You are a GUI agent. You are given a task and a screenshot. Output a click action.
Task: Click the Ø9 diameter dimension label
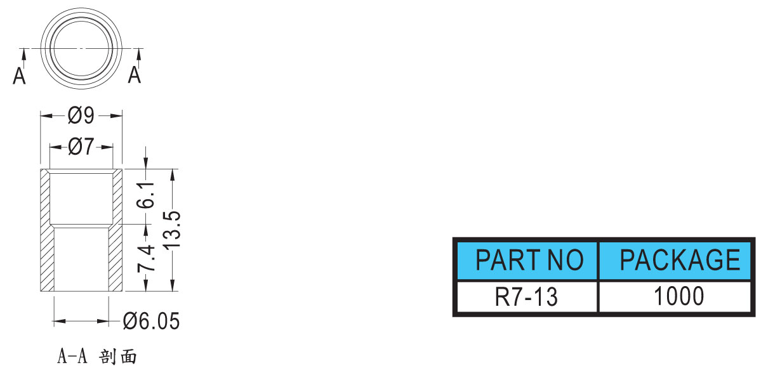pos(81,115)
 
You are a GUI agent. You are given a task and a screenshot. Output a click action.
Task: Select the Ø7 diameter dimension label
pos(81,147)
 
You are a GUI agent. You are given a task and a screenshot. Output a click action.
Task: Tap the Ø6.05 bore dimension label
pos(152,321)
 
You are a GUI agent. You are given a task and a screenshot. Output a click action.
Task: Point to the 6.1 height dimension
pos(147,195)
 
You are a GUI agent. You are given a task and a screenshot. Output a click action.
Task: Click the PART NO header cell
pos(527,259)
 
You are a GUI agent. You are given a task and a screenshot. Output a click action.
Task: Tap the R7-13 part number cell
pos(527,296)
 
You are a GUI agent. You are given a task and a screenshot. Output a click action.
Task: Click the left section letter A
pos(20,75)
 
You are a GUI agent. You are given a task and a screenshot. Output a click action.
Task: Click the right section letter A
pos(135,75)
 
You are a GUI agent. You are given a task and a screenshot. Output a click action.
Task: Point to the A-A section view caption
pos(97,357)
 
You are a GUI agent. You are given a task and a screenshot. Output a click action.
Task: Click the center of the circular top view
pos(81,49)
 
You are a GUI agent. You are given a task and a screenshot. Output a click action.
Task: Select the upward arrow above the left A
pos(23,58)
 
